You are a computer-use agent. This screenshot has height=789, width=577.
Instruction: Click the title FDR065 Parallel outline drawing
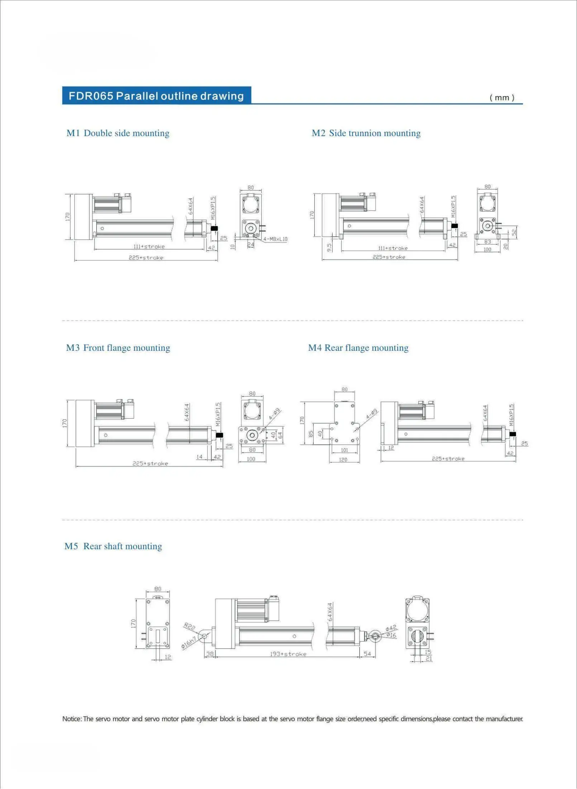pos(156,96)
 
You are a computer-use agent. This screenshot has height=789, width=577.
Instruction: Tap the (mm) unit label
pos(502,98)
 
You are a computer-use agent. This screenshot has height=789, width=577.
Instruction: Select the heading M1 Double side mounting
pos(118,133)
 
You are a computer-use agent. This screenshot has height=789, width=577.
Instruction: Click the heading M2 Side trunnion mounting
pos(366,133)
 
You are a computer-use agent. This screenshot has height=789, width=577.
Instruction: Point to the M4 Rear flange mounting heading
pos(358,348)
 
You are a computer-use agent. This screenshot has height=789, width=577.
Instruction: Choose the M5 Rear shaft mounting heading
pos(113,546)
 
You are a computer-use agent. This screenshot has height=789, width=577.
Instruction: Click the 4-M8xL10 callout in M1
pos(275,239)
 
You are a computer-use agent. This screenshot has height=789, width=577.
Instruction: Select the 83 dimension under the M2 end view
pos(487,242)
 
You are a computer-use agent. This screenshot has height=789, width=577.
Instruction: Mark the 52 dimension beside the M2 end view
pos(514,232)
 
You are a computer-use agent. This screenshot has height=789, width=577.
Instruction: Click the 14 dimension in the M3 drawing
pos(199,457)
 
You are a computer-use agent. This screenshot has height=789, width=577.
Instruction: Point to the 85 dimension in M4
pos(311,434)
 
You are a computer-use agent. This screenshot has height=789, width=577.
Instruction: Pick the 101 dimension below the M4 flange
pos(344,450)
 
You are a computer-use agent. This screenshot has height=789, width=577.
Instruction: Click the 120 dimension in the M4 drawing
pos(343,460)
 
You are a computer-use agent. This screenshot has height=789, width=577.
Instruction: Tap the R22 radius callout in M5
pos(190,627)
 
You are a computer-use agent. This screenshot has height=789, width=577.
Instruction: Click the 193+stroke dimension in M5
pos(288,654)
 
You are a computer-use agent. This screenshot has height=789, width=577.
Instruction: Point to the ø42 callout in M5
pos(391,628)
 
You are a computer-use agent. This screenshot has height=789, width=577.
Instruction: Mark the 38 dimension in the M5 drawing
pos(210,654)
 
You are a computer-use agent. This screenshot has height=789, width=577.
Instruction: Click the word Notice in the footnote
pos(72,719)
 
